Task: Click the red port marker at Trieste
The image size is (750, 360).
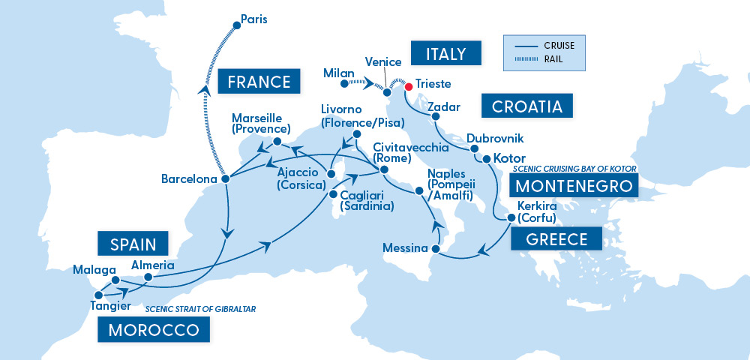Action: pyautogui.click(x=409, y=87)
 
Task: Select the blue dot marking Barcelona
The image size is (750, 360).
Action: pyautogui.click(x=224, y=179)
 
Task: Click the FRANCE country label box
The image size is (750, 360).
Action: pyautogui.click(x=254, y=82)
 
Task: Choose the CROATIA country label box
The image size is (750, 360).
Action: pyautogui.click(x=526, y=106)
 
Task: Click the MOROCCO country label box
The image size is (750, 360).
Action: pyautogui.click(x=153, y=330)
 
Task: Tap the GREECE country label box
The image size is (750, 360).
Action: pyautogui.click(x=556, y=239)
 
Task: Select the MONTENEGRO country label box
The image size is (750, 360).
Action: pyautogui.click(x=573, y=186)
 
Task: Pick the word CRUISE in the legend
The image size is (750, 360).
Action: pyautogui.click(x=560, y=46)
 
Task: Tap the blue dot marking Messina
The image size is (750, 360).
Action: pyautogui.click(x=436, y=248)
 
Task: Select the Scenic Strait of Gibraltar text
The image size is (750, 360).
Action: pyautogui.click(x=200, y=309)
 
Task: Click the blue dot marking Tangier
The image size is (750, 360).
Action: pyautogui.click(x=98, y=295)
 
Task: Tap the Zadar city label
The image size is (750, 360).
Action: pyautogui.click(x=443, y=107)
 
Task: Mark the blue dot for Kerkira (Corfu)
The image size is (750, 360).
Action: pyautogui.click(x=511, y=218)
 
